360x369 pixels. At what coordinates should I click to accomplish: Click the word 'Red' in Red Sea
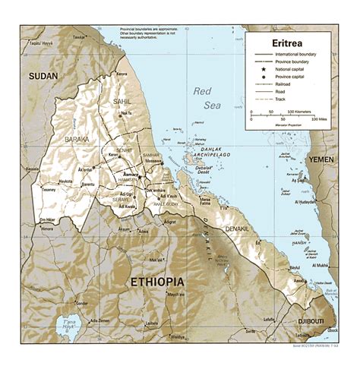tap(202, 91)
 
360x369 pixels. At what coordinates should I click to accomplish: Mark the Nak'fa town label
tap(126, 115)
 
